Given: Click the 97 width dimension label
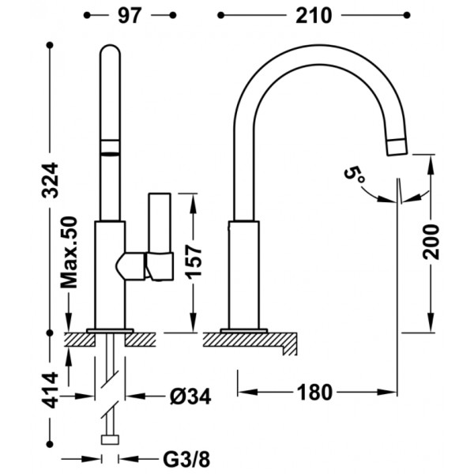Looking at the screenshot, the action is click(130, 16).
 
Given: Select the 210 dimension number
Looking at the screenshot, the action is click(314, 16).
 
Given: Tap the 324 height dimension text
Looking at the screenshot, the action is click(50, 180).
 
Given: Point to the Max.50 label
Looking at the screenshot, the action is click(70, 252).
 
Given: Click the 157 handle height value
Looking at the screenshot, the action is click(194, 261).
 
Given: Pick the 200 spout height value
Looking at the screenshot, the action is click(431, 242).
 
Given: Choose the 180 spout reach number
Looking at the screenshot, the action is click(314, 393).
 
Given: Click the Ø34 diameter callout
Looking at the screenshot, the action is click(190, 396).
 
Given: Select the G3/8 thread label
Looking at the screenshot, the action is click(186, 460).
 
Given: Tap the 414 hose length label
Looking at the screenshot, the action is click(50, 390).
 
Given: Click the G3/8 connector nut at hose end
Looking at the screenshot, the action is click(110, 440).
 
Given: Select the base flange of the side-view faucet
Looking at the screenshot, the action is click(244, 331).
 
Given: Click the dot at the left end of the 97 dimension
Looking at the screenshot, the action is click(87, 15).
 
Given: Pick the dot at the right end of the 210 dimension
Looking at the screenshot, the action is click(407, 15).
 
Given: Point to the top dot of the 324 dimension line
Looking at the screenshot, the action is click(50, 45).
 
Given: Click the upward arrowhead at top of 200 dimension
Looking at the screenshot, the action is click(431, 164).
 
